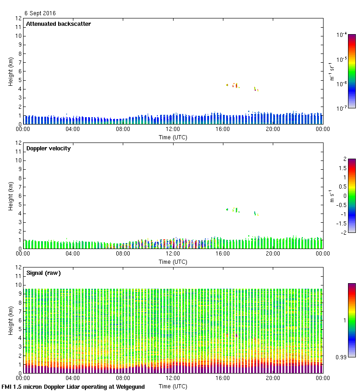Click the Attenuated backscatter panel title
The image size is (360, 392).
(x=58, y=24)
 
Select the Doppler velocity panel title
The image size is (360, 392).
(x=48, y=148)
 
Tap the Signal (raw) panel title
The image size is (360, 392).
(x=43, y=273)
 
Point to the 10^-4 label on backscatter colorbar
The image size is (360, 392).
(x=342, y=35)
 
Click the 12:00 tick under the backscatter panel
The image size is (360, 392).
(x=173, y=129)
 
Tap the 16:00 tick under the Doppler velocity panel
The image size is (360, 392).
(x=223, y=254)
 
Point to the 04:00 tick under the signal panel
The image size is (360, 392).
(x=73, y=378)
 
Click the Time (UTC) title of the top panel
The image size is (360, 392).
(x=173, y=137)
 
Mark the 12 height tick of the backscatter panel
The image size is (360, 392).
(x=18, y=18)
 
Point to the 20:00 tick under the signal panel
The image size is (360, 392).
(x=273, y=378)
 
